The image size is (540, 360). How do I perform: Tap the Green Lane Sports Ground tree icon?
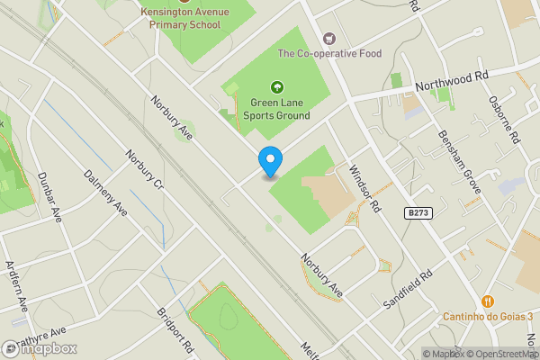click(276, 88)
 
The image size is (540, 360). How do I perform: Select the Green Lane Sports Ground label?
click(276, 109)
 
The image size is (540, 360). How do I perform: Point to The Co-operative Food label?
click(329, 54)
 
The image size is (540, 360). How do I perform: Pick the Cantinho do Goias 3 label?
click(487, 317)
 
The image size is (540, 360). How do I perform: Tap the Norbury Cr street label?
click(144, 173)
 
